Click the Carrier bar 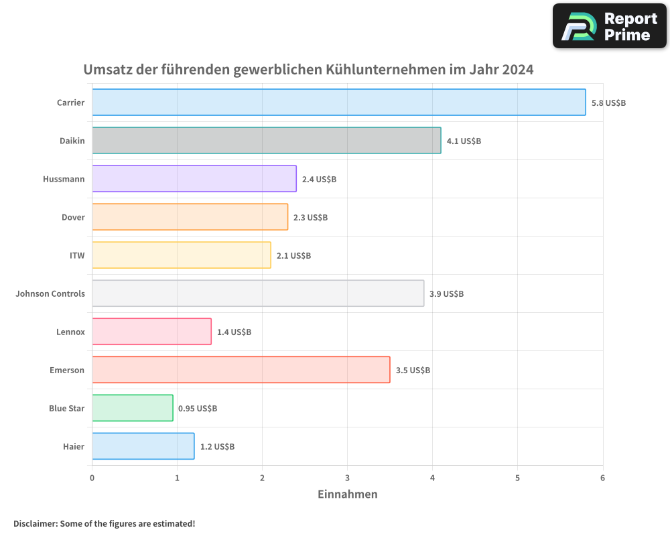pos(338,103)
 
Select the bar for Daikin pos(266,141)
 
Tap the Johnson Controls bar pos(257,293)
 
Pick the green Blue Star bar pos(132,408)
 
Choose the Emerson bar pos(241,370)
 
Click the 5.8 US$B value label pos(608,103)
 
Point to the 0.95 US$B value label pos(198,409)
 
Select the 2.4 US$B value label pos(319,180)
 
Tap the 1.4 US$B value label pos(234,332)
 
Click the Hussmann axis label pos(64,180)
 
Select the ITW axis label pos(77,255)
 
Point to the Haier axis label pos(73,446)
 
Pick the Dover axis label pos(73,217)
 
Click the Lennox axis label pos(70,332)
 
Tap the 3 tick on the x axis pos(347,478)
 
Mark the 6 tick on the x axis pos(602,478)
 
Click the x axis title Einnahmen pos(347,494)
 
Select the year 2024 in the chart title pos(517,70)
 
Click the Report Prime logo pos(609,26)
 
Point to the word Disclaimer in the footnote pos(35,524)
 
